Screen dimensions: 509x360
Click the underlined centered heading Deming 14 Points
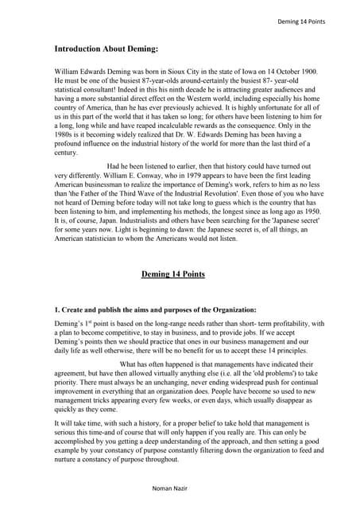pyautogui.click(x=172, y=274)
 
